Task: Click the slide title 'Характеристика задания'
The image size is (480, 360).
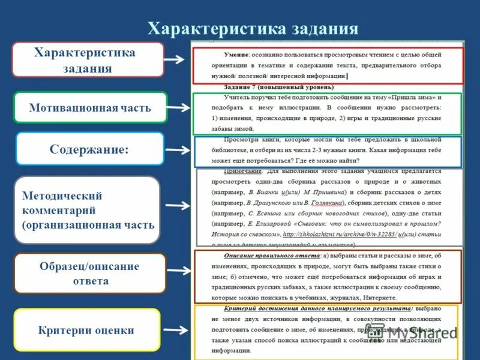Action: point(253,29)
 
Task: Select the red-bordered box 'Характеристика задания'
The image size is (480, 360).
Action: point(88,60)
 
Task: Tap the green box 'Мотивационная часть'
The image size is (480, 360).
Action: point(90,109)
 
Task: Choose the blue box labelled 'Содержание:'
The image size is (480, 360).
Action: point(89,149)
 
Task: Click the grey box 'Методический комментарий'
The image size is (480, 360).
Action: point(87,210)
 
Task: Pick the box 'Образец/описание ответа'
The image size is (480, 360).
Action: point(89,274)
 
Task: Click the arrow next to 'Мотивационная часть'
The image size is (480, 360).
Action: point(178,107)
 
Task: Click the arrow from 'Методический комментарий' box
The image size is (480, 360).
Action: point(178,206)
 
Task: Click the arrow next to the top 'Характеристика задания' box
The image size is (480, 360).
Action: point(178,59)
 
